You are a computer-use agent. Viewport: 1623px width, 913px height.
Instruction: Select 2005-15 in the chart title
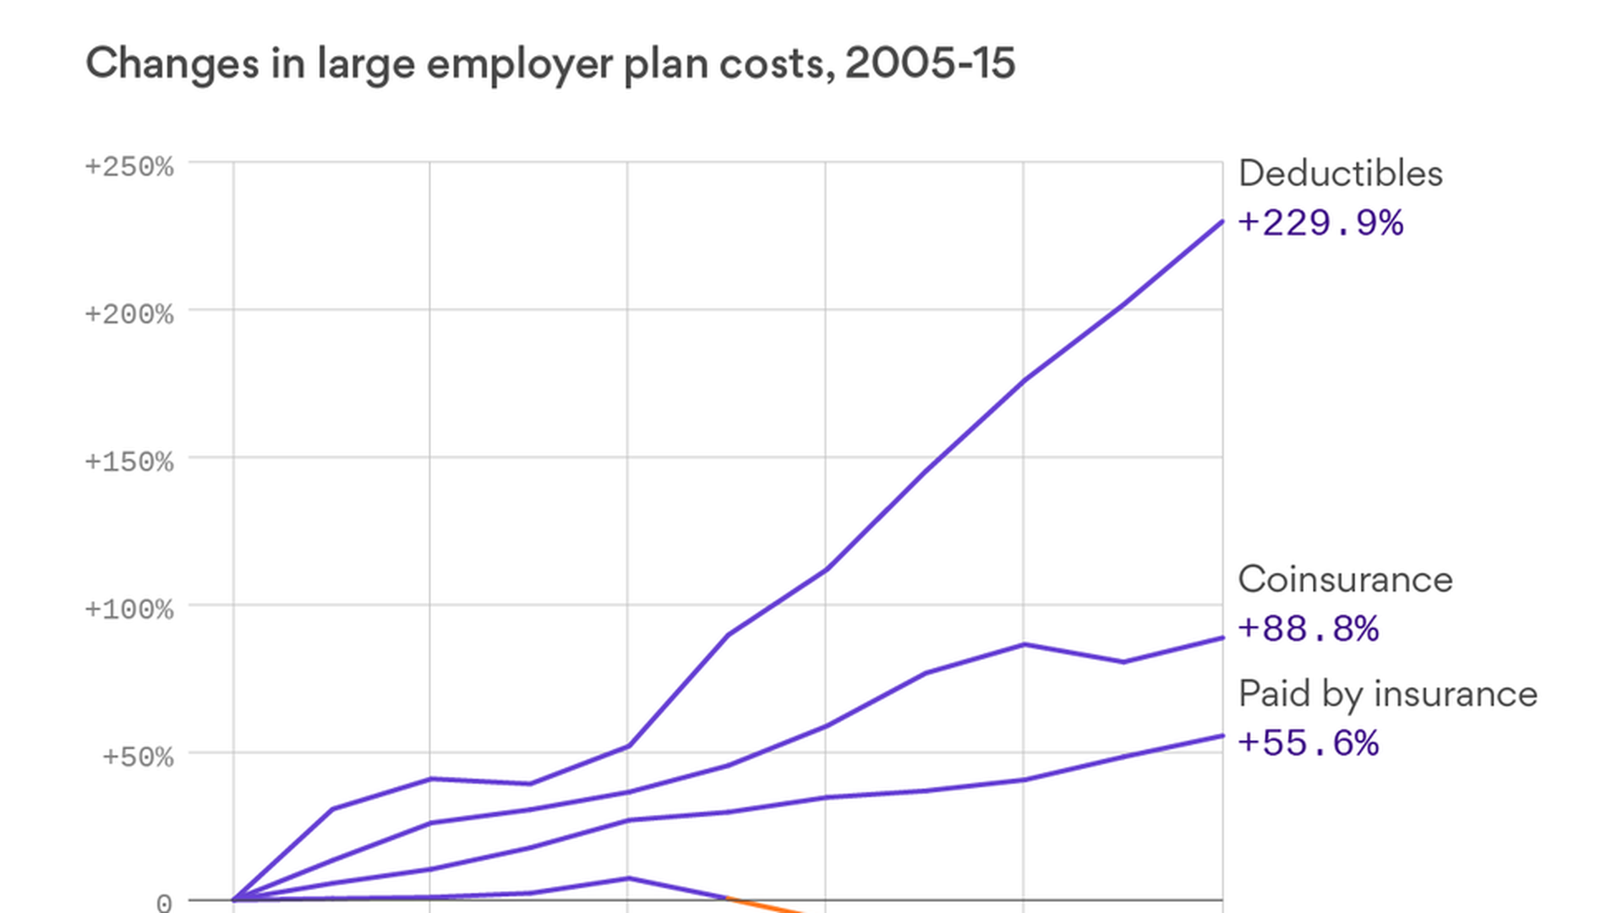[x=930, y=63]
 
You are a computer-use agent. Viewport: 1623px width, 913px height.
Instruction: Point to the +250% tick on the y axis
[x=129, y=167]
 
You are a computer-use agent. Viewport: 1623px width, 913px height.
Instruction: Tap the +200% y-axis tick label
[x=129, y=314]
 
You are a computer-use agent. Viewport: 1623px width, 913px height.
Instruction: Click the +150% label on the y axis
[x=129, y=462]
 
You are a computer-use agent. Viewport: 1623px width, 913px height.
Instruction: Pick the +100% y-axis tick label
[x=129, y=610]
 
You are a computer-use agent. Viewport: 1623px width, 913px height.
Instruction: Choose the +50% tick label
[x=138, y=757]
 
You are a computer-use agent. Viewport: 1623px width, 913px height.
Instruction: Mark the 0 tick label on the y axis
[x=164, y=903]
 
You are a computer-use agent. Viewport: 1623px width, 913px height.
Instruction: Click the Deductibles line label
[x=1340, y=174]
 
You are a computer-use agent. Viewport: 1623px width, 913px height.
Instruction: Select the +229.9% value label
[x=1320, y=223]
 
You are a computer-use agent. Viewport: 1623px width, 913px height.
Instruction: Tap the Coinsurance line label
[x=1345, y=580]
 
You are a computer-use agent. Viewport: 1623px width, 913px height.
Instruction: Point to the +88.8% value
[x=1308, y=629]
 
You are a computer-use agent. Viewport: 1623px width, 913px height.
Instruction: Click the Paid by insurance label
[x=1387, y=694]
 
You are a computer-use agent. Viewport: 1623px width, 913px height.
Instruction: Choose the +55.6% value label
[x=1308, y=743]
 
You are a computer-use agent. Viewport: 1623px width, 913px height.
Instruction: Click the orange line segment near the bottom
[x=765, y=905]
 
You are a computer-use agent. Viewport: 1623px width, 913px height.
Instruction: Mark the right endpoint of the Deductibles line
[x=1221, y=221]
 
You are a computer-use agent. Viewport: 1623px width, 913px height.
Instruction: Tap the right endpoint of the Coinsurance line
[x=1221, y=638]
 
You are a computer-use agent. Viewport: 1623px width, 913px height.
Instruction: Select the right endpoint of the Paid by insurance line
[x=1221, y=736]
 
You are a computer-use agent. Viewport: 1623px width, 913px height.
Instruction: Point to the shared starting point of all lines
[x=234, y=899]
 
